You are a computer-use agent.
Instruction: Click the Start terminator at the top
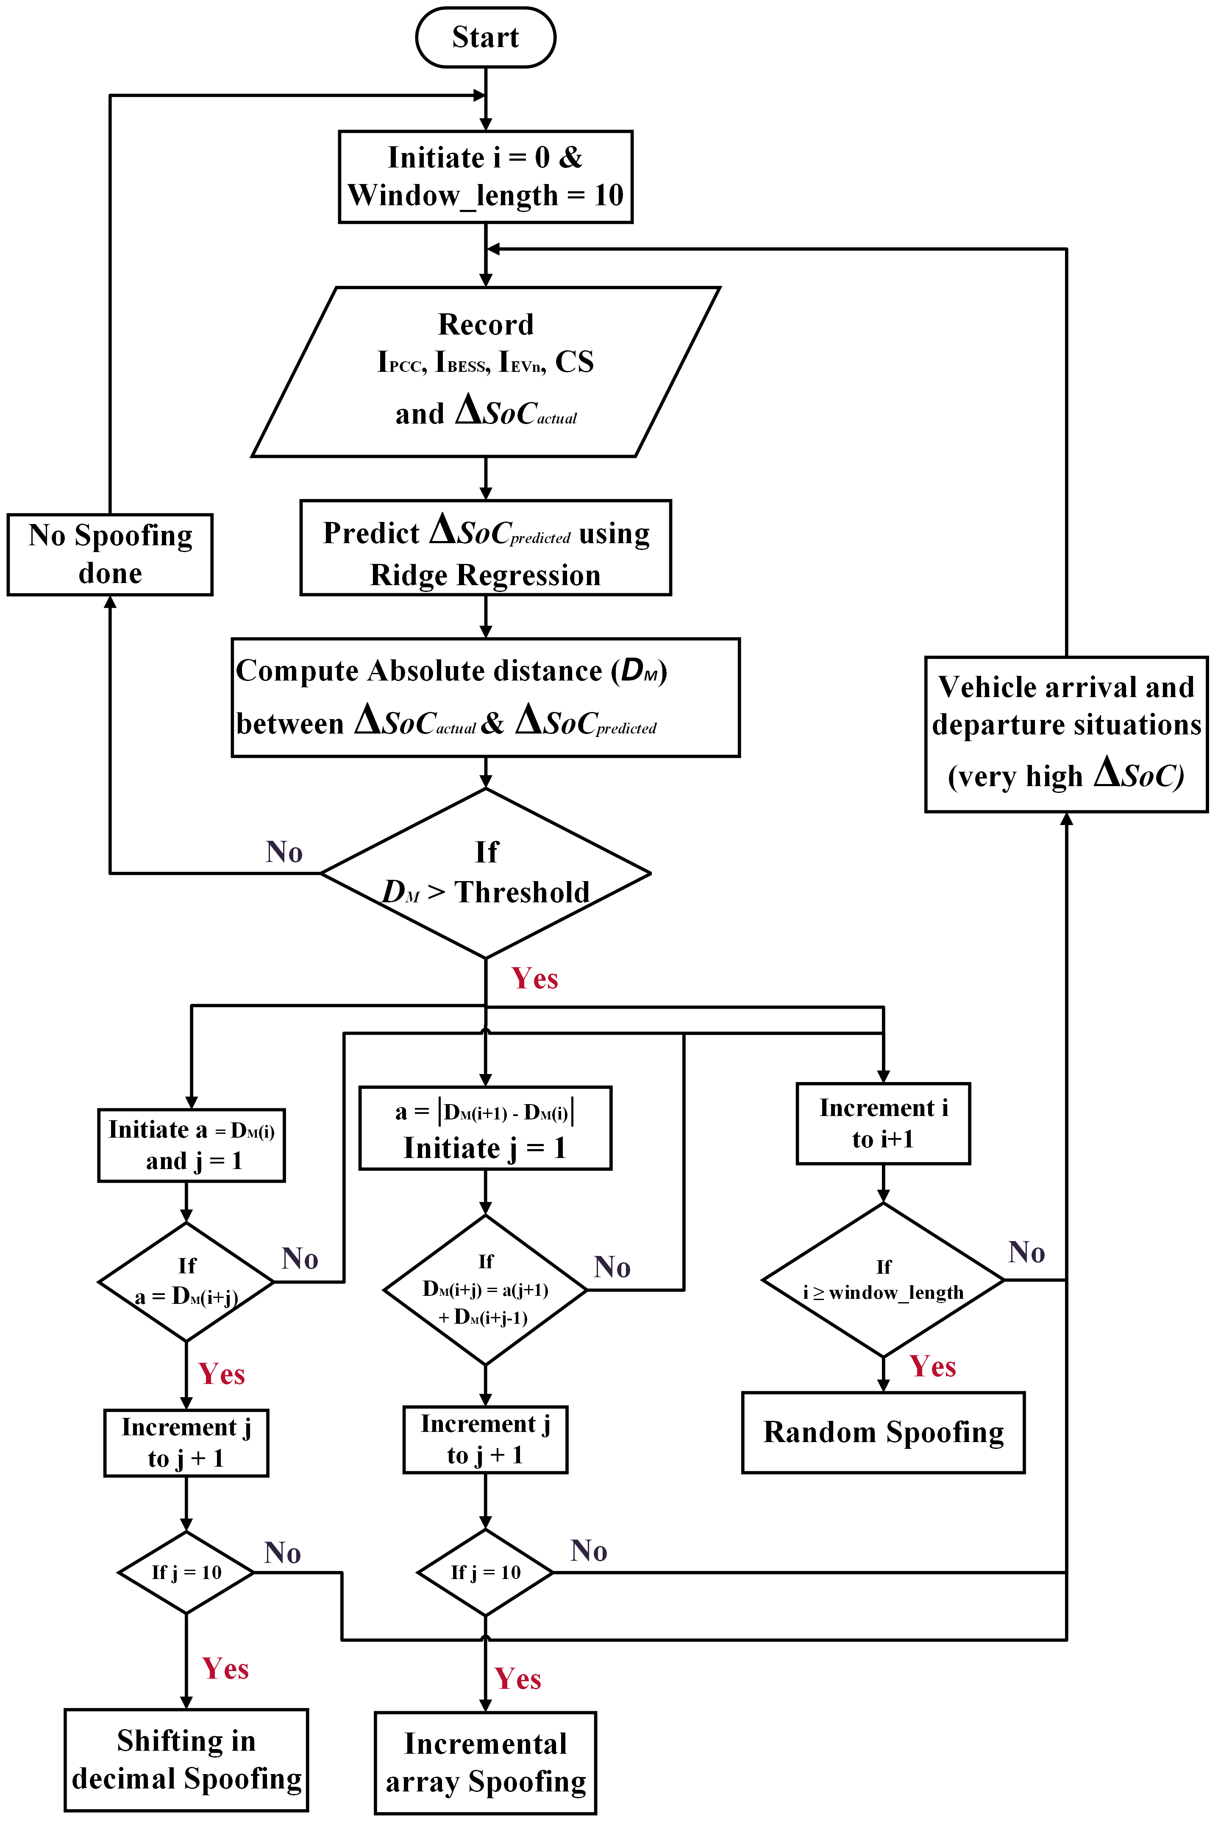pyautogui.click(x=485, y=37)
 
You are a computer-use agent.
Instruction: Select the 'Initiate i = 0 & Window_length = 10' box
pyautogui.click(x=485, y=176)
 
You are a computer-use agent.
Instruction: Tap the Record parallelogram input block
pyautogui.click(x=485, y=371)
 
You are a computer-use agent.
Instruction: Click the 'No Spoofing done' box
pyautogui.click(x=110, y=554)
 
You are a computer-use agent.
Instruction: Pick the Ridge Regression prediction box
pyautogui.click(x=485, y=547)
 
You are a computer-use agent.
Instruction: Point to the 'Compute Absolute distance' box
pyautogui.click(x=485, y=697)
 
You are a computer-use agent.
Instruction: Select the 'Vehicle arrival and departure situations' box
pyautogui.click(x=1066, y=734)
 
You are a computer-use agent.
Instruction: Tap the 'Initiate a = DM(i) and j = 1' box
pyautogui.click(x=191, y=1144)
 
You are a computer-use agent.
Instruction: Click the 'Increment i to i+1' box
pyautogui.click(x=883, y=1124)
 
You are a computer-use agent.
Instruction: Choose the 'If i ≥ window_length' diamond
pyautogui.click(x=883, y=1280)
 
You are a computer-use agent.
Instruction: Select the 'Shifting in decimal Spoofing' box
pyautogui.click(x=186, y=1759)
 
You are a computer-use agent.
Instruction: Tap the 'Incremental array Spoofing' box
pyautogui.click(x=485, y=1762)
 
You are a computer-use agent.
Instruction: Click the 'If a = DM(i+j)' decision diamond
pyautogui.click(x=186, y=1282)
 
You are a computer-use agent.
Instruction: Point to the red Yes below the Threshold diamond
pyautogui.click(x=534, y=979)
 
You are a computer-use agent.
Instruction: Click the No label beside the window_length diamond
pyautogui.click(x=1026, y=1252)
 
